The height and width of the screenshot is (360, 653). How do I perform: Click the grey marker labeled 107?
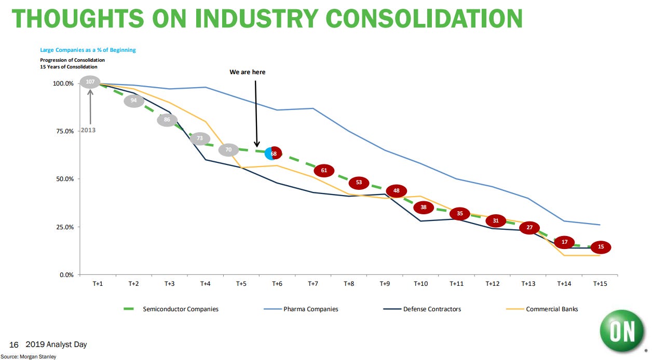coord(90,82)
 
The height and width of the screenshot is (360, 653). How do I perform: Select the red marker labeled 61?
coord(324,170)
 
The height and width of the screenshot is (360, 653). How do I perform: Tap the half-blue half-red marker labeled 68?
coord(273,154)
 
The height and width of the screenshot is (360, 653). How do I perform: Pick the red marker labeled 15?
coord(601,247)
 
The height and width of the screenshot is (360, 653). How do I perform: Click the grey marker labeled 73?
coord(200,139)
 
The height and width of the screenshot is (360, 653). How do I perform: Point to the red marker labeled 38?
coord(424,207)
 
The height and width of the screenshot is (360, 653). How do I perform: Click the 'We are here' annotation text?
coord(247,72)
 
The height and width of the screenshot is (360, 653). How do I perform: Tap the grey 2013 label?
coord(88,131)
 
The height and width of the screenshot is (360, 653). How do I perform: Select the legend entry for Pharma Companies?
coord(310,309)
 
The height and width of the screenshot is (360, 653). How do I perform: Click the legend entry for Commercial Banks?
coord(552,309)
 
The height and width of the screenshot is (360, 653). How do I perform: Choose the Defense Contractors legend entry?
coord(432,309)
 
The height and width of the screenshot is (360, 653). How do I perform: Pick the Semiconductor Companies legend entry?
coord(181,309)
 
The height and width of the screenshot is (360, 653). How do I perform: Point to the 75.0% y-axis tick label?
coord(63,131)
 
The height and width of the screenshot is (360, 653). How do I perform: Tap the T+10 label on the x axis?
coord(421,284)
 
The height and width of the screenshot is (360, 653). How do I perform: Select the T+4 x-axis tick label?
coord(205,284)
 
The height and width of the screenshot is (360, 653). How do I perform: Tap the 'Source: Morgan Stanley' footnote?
coord(28,356)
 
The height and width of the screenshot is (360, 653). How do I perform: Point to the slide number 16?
coord(13,345)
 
